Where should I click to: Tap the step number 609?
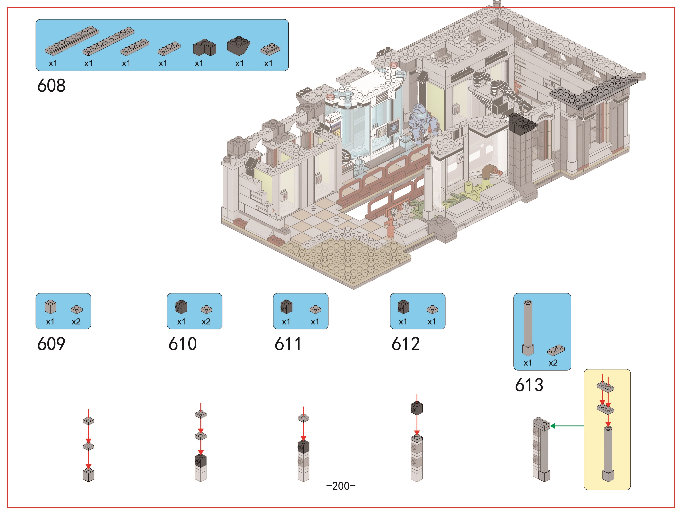pos(51,344)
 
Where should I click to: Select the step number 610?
pos(182,344)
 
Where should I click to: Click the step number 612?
pos(406,344)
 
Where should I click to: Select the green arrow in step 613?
pos(567,426)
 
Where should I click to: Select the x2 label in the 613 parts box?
pos(553,363)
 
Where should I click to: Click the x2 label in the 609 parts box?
pos(76,322)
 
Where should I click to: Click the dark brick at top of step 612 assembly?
pos(417,408)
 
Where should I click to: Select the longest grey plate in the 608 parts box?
pos(72,40)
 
